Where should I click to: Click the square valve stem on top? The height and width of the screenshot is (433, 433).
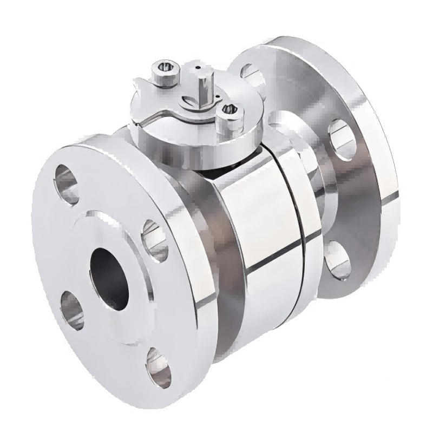[205, 90]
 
